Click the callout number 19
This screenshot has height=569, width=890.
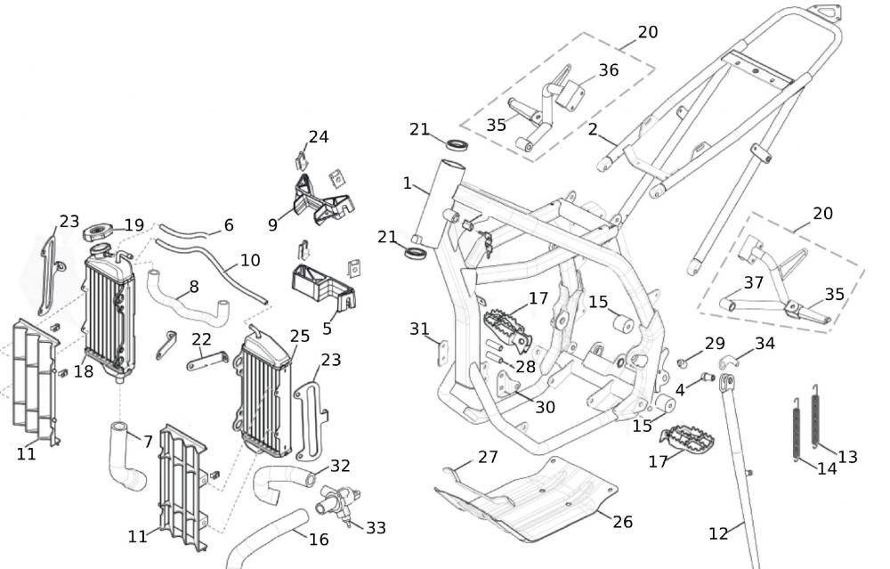click(133, 225)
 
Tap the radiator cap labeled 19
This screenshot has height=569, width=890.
click(97, 234)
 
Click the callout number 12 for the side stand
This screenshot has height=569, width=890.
click(718, 533)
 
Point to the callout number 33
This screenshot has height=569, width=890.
click(376, 528)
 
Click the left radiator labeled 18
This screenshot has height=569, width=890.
click(109, 312)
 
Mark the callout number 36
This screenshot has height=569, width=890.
click(609, 69)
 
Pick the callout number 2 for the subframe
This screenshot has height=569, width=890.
click(593, 129)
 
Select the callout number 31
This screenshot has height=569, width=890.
click(419, 329)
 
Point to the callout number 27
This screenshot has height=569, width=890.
click(487, 457)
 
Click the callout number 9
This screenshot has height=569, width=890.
click(273, 224)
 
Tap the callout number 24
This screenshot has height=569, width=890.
click(318, 136)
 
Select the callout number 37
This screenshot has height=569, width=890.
click(754, 282)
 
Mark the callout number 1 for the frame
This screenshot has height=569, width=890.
click(407, 183)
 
